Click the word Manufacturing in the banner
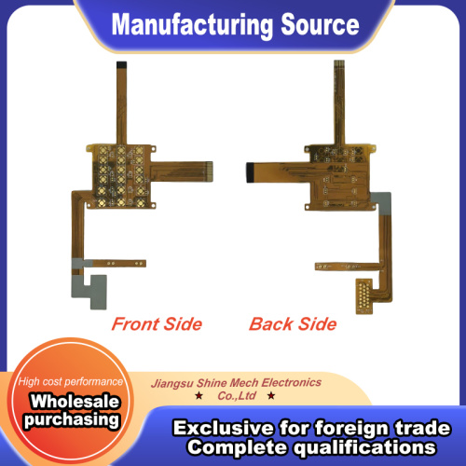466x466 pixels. [x=192, y=25]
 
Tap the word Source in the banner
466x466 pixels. [x=321, y=24]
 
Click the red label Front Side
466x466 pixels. [x=157, y=324]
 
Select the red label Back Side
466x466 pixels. [x=293, y=324]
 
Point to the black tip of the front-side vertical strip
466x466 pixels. [x=121, y=65]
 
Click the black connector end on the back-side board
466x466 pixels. [x=250, y=172]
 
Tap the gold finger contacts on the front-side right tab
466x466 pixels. [x=209, y=171]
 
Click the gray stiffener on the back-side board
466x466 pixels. [x=381, y=203]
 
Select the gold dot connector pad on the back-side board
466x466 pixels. [x=363, y=296]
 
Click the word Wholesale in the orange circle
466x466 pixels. [x=75, y=401]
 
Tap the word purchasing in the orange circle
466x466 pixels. [x=72, y=420]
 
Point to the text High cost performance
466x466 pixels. [x=71, y=381]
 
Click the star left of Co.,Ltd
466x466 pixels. [x=199, y=396]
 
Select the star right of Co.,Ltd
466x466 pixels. [x=271, y=396]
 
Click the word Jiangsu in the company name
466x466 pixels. [x=172, y=383]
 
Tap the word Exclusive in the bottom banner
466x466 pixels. [x=224, y=428]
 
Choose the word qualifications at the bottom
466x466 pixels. [x=364, y=447]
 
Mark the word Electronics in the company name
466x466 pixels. [x=292, y=382]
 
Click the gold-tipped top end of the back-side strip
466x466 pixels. [x=339, y=64]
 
